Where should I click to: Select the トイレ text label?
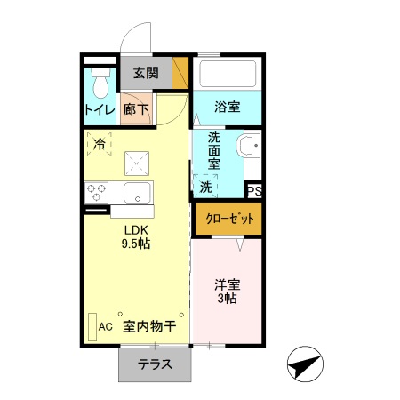(98, 110)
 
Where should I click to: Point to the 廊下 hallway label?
(136, 110)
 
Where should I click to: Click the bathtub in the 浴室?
(228, 74)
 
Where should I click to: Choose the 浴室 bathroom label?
(227, 108)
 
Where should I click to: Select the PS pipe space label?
(254, 190)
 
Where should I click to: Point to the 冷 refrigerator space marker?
(100, 143)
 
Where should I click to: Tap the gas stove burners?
(96, 191)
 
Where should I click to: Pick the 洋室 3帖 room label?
(227, 292)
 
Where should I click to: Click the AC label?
(106, 325)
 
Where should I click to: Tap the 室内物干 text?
(148, 325)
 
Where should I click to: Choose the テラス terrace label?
(155, 364)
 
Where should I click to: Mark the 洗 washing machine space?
(205, 187)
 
